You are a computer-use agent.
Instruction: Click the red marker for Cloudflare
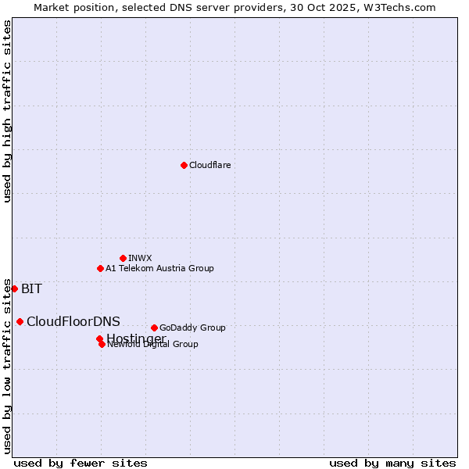[184, 165]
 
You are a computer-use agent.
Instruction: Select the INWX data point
[123, 258]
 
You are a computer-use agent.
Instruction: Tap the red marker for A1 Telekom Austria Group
[100, 268]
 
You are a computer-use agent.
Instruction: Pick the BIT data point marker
[14, 288]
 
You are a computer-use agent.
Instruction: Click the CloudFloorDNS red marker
[20, 321]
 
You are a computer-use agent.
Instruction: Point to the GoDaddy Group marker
[154, 328]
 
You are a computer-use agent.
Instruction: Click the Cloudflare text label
[209, 165]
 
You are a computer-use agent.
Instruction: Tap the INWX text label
[140, 258]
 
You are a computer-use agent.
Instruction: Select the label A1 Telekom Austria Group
[159, 268]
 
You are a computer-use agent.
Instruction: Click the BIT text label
[31, 288]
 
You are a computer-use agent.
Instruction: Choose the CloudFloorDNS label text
[73, 321]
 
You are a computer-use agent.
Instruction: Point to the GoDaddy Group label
[192, 328]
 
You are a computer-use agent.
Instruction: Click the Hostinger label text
[136, 338]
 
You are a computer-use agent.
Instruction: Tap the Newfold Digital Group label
[152, 344]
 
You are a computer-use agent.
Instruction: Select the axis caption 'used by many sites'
[392, 463]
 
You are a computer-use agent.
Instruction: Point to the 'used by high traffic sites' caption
[8, 111]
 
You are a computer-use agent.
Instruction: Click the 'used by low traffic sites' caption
[8, 364]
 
